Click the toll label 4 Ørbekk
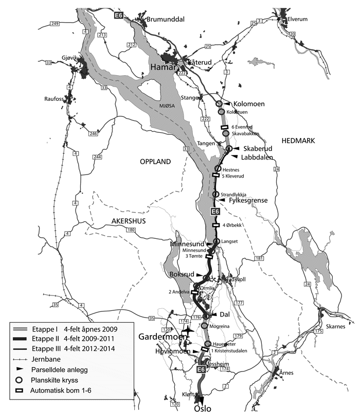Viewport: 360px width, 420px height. (x=234, y=225)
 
